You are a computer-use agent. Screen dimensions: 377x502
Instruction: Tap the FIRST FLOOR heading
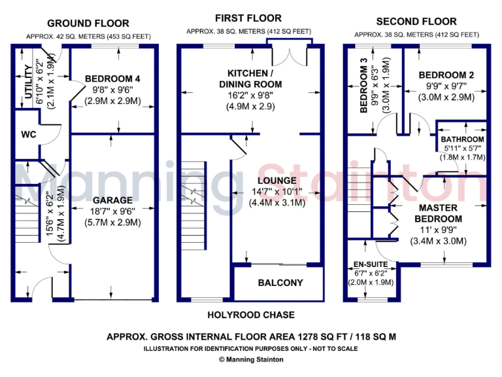coord(249,18)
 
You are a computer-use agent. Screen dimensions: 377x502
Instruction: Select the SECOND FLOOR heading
coord(416,22)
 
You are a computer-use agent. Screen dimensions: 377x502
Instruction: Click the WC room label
coord(29,135)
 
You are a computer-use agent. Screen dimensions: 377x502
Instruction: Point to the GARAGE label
coord(112,200)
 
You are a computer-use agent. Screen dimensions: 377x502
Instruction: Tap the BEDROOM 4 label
coord(112,80)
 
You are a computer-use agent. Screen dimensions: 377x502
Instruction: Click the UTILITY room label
coord(28,84)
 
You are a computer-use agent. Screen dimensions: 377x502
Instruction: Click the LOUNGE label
coord(277,181)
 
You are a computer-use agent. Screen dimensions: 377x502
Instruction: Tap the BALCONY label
coord(280,283)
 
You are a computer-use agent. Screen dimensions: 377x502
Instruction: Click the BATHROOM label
coord(462,139)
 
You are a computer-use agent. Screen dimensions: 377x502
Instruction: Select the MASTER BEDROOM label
coord(437,213)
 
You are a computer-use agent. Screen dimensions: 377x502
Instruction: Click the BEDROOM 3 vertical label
coord(365,89)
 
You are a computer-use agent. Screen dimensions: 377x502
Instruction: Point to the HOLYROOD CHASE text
coord(250,315)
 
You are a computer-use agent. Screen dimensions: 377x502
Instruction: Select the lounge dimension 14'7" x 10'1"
coord(277,192)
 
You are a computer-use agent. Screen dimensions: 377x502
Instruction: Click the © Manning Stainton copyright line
coord(250,359)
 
